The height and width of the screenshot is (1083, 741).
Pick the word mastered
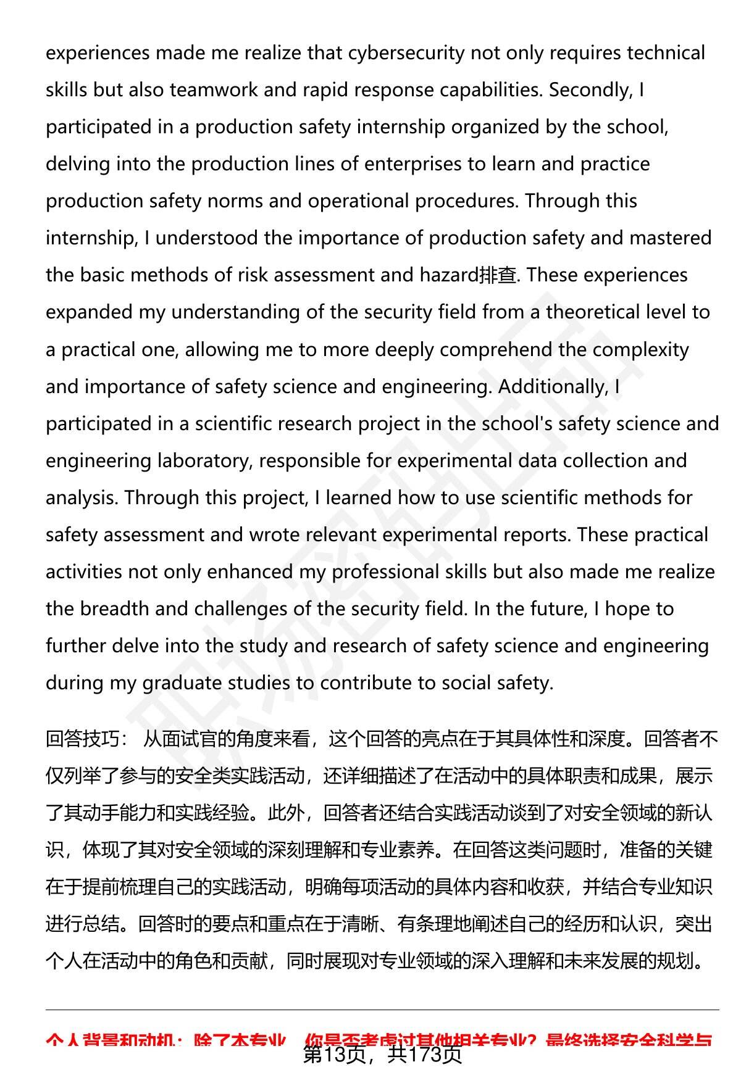tap(667, 238)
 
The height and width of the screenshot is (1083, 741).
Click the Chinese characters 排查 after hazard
tap(498, 275)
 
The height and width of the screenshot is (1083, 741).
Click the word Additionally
tap(553, 387)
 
